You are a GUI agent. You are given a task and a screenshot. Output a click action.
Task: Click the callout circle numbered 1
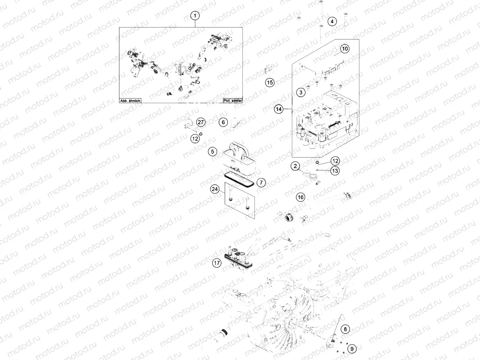pyautogui.click(x=195, y=15)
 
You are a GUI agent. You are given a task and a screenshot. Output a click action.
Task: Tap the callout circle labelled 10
pyautogui.click(x=345, y=49)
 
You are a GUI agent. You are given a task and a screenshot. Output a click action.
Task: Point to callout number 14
pyautogui.click(x=279, y=109)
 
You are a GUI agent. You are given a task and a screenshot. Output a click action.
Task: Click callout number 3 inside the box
pyautogui.click(x=301, y=92)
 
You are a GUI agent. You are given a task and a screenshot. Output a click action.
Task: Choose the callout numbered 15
pyautogui.click(x=270, y=83)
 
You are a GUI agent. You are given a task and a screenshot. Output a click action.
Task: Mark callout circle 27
pyautogui.click(x=201, y=122)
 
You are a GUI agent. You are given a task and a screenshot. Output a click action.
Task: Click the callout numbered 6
pyautogui.click(x=223, y=122)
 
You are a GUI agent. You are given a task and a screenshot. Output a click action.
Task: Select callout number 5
pyautogui.click(x=212, y=151)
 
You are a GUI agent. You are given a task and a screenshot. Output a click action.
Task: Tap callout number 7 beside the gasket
pyautogui.click(x=261, y=183)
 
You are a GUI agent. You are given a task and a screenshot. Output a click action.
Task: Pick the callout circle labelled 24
pyautogui.click(x=215, y=189)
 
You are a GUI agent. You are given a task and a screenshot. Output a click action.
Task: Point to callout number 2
pyautogui.click(x=295, y=166)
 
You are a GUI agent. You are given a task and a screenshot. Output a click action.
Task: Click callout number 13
pyautogui.click(x=335, y=170)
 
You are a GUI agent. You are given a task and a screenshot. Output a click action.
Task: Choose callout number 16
pyautogui.click(x=301, y=197)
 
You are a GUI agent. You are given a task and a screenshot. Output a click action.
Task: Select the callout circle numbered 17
pyautogui.click(x=217, y=263)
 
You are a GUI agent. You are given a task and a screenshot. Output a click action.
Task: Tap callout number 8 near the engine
pyautogui.click(x=345, y=329)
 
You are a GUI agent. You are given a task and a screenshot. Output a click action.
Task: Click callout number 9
pyautogui.click(x=352, y=348)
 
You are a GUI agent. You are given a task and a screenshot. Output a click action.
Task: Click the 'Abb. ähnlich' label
pyautogui.click(x=131, y=100)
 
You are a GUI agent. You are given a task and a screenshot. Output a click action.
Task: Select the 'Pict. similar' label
pyautogui.click(x=233, y=100)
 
